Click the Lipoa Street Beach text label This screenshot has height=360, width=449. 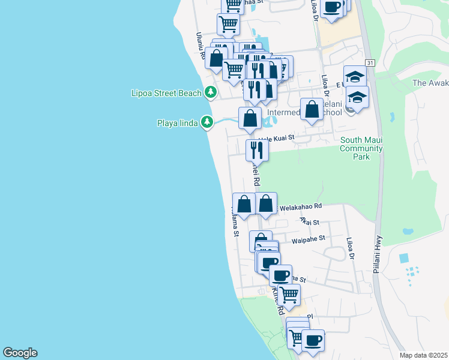[166, 93]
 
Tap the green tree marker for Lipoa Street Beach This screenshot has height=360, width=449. [210, 92]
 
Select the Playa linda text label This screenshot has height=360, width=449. [178, 124]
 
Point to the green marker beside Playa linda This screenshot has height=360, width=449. [207, 123]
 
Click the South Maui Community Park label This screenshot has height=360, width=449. [361, 148]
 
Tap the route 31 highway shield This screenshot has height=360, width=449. [370, 62]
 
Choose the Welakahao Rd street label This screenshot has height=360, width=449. [300, 206]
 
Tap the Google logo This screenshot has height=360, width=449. [20, 353]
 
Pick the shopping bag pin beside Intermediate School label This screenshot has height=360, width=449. [312, 110]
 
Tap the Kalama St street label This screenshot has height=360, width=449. [235, 221]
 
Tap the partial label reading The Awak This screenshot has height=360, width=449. [430, 83]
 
